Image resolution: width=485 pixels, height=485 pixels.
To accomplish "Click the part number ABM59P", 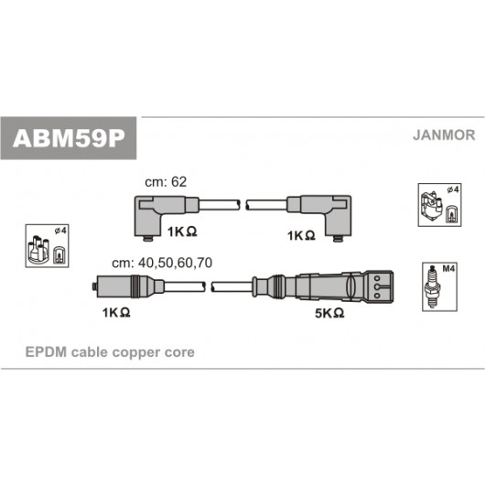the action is click(69, 138).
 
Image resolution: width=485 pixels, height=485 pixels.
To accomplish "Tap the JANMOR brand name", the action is click(444, 135).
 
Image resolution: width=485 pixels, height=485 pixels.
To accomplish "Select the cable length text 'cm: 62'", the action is click(166, 182).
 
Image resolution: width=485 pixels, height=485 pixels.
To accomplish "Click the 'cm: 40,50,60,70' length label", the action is click(162, 263).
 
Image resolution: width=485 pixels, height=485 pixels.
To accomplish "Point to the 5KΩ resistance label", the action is click(329, 313).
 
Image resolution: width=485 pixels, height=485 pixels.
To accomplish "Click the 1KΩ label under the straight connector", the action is click(116, 313).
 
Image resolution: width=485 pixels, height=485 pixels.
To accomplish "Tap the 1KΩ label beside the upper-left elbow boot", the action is click(182, 232).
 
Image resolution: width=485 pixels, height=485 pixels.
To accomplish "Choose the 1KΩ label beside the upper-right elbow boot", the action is click(301, 236).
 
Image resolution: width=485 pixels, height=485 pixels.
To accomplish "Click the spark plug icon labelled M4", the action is click(432, 286).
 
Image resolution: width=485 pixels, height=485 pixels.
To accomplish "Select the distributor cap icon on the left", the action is click(38, 250).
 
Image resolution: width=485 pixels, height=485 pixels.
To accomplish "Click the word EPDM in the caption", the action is click(46, 352).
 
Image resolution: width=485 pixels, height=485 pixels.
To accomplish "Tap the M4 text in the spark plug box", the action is click(448, 269).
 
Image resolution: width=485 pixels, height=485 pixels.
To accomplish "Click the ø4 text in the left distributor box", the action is click(60, 231).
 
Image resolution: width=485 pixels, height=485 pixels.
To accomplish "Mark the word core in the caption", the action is click(179, 352).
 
